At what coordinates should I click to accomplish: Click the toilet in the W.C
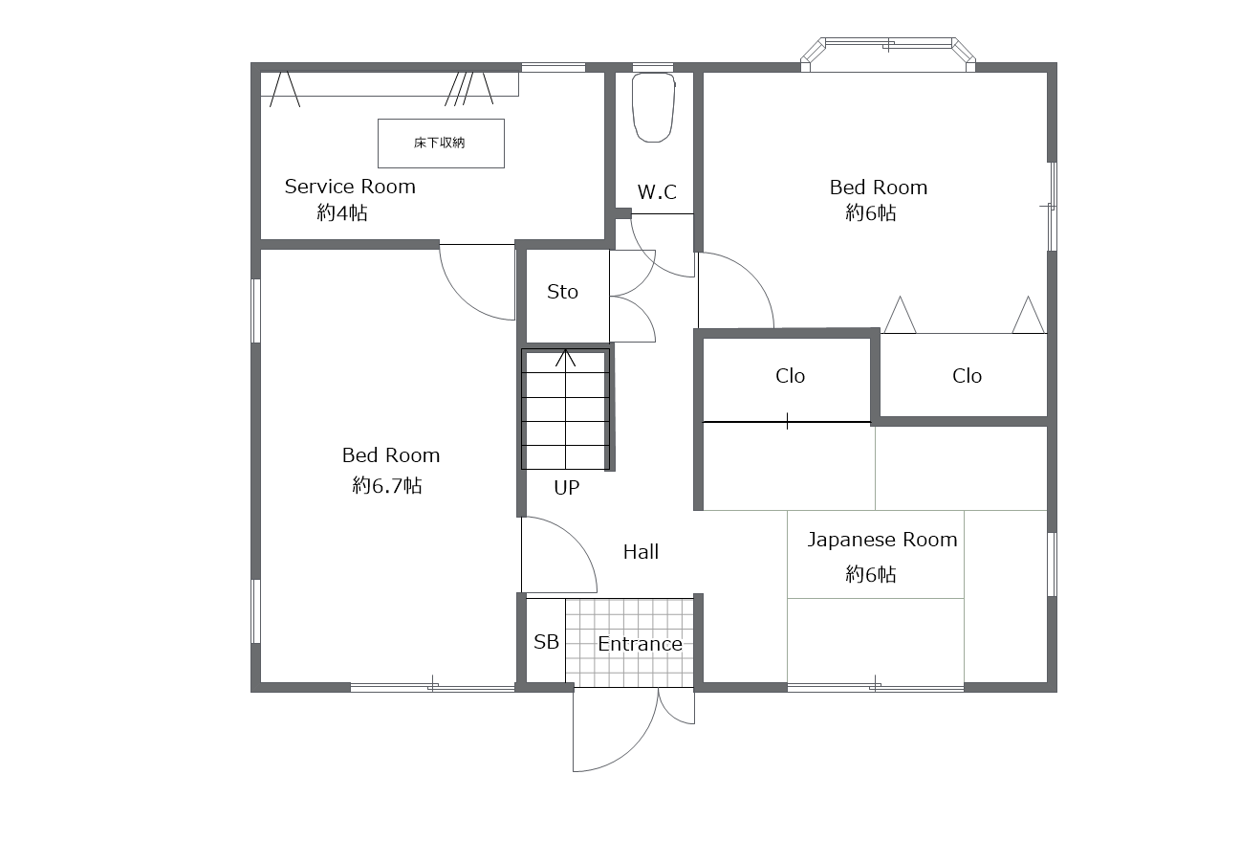click(653, 107)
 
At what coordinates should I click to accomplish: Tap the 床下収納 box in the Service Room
click(441, 143)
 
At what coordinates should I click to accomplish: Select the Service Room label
click(350, 187)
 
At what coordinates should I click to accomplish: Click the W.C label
click(657, 191)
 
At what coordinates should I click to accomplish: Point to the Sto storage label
click(562, 292)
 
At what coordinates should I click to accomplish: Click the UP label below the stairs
click(566, 488)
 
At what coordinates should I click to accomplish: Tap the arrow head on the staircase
click(565, 357)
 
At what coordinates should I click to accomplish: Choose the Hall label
click(642, 552)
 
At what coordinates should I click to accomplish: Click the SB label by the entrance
click(546, 642)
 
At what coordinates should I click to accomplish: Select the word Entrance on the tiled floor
click(640, 644)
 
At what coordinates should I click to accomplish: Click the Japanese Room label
click(882, 540)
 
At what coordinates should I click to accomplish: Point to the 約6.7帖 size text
click(387, 485)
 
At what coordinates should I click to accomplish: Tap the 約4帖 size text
click(342, 212)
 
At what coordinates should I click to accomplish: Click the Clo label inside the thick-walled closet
click(790, 376)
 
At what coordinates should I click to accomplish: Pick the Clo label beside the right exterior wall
click(968, 376)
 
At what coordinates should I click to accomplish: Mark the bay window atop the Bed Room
click(888, 54)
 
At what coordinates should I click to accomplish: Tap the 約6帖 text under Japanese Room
click(871, 574)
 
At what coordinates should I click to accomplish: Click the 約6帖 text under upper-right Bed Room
click(871, 212)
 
